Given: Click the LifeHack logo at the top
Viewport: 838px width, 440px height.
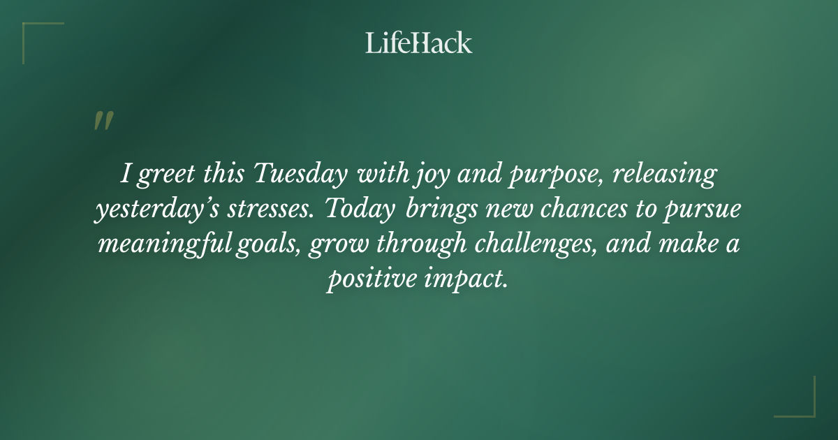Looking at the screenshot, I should pyautogui.click(x=418, y=43).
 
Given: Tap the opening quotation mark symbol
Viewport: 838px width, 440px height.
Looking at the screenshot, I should pyautogui.click(x=103, y=122).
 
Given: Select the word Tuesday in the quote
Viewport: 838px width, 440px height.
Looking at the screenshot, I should pyautogui.click(x=300, y=175).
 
